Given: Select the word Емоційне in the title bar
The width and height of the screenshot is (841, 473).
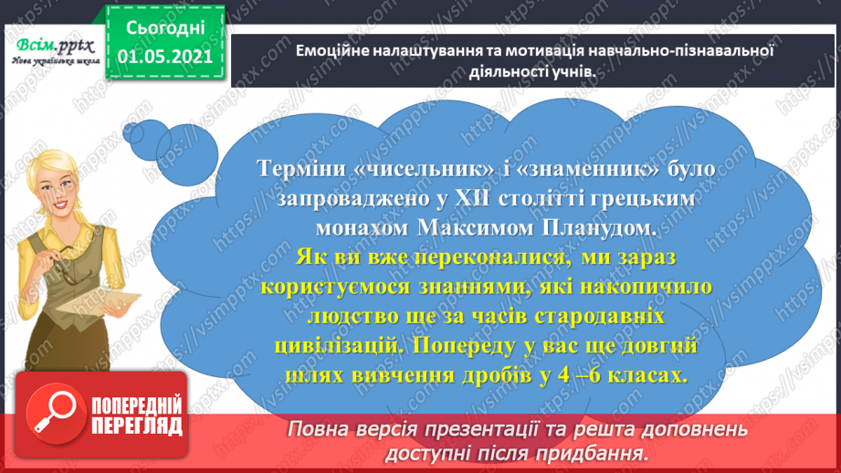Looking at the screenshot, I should click(x=331, y=51).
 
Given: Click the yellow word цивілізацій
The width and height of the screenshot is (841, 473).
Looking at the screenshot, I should click(x=337, y=347).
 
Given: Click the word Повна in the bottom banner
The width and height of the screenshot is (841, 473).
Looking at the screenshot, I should click(x=321, y=428).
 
